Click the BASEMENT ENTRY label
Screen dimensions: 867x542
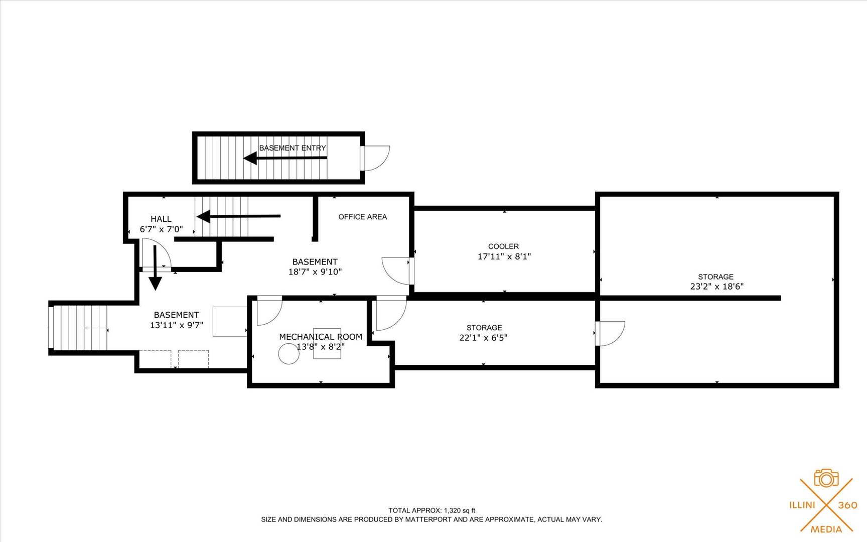[293, 148]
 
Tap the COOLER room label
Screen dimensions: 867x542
[504, 246]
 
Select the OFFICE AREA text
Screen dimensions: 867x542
[363, 217]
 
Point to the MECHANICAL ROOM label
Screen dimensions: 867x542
[321, 337]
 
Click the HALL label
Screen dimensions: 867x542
[161, 219]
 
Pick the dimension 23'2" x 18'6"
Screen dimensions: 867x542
[717, 287]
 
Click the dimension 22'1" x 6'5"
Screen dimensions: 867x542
[484, 338]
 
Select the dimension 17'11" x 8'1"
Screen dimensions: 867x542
[504, 256]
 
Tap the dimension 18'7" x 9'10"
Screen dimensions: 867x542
[315, 272]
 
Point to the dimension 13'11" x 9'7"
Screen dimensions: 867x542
[177, 325]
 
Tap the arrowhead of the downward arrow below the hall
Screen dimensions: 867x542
[156, 284]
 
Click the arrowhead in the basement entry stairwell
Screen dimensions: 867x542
[250, 158]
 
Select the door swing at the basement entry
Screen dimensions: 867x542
[377, 158]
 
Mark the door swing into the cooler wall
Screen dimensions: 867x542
[396, 271]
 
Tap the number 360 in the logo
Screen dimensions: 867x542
[848, 505]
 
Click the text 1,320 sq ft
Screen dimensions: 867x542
[460, 510]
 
